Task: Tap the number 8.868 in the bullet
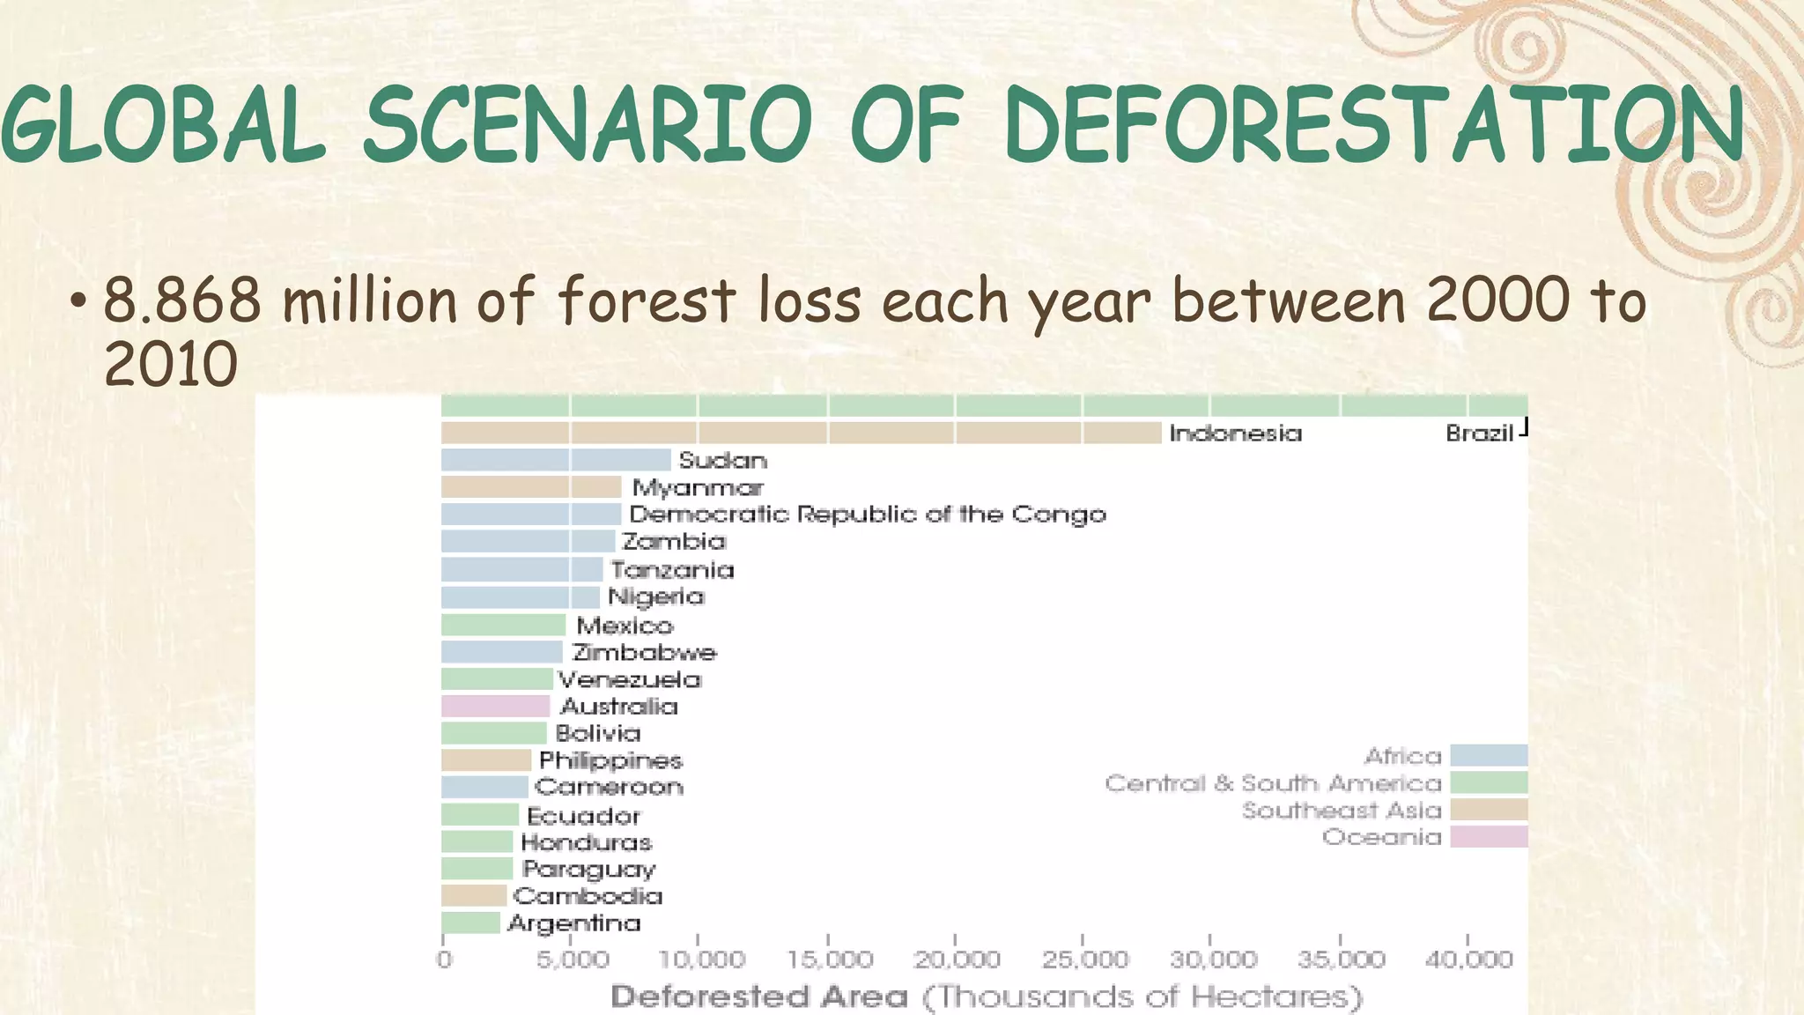182,300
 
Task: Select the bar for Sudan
555,460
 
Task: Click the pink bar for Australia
495,706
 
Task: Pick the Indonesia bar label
1235,433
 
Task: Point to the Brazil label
1479,433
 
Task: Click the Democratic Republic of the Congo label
868,515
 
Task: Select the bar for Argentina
470,922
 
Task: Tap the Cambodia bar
474,896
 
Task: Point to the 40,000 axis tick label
1468,959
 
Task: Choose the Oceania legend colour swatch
1489,837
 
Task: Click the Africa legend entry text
1402,756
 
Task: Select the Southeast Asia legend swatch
1489,810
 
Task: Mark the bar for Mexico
503,626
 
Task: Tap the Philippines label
610,760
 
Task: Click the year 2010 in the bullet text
171,365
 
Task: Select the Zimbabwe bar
501,652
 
